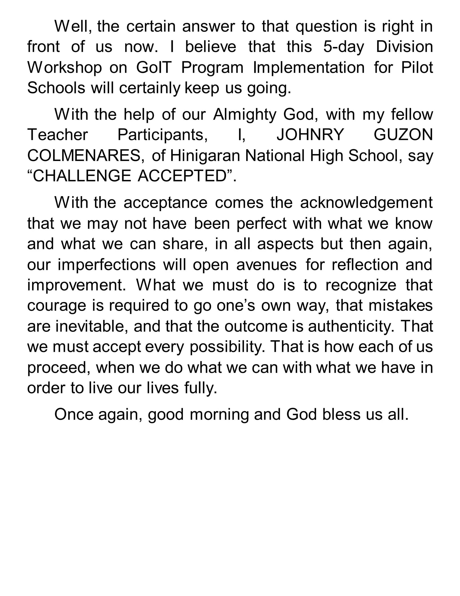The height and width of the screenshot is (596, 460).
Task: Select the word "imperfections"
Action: pyautogui.click(x=106, y=264)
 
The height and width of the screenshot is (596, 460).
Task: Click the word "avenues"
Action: pyautogui.click(x=266, y=264)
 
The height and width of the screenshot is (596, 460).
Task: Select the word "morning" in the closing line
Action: pyautogui.click(x=219, y=415)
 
